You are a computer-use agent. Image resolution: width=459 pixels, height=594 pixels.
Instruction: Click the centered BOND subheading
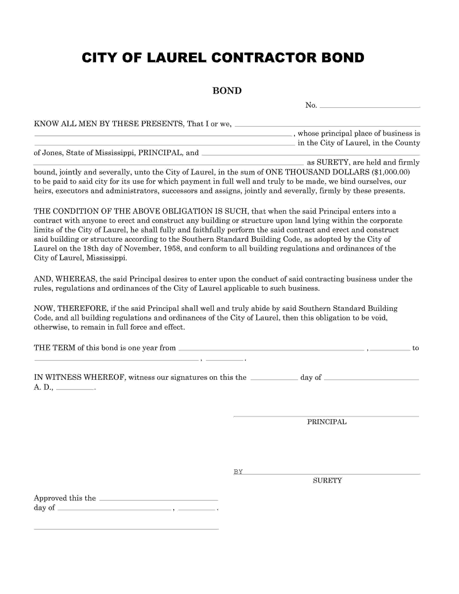pos(227,91)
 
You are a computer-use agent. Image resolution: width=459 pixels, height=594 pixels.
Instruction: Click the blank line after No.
pos(370,107)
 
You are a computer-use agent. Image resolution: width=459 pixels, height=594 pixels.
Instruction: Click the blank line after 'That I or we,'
pos(327,126)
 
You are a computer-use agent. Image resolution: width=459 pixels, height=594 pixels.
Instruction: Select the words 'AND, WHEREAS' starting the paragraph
pos(65,279)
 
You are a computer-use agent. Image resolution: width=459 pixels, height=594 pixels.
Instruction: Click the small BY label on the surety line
pos(238,472)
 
